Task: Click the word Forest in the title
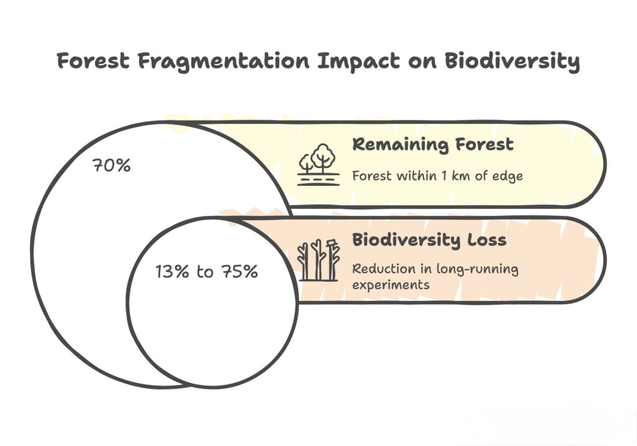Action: click(x=94, y=61)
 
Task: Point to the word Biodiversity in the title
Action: click(x=510, y=62)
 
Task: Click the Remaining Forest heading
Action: click(x=433, y=144)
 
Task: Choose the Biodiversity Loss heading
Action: click(x=429, y=240)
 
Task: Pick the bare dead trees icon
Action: click(x=318, y=259)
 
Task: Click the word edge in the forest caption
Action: click(x=509, y=176)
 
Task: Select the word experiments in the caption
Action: click(x=389, y=285)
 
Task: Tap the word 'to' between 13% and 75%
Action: click(x=205, y=272)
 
